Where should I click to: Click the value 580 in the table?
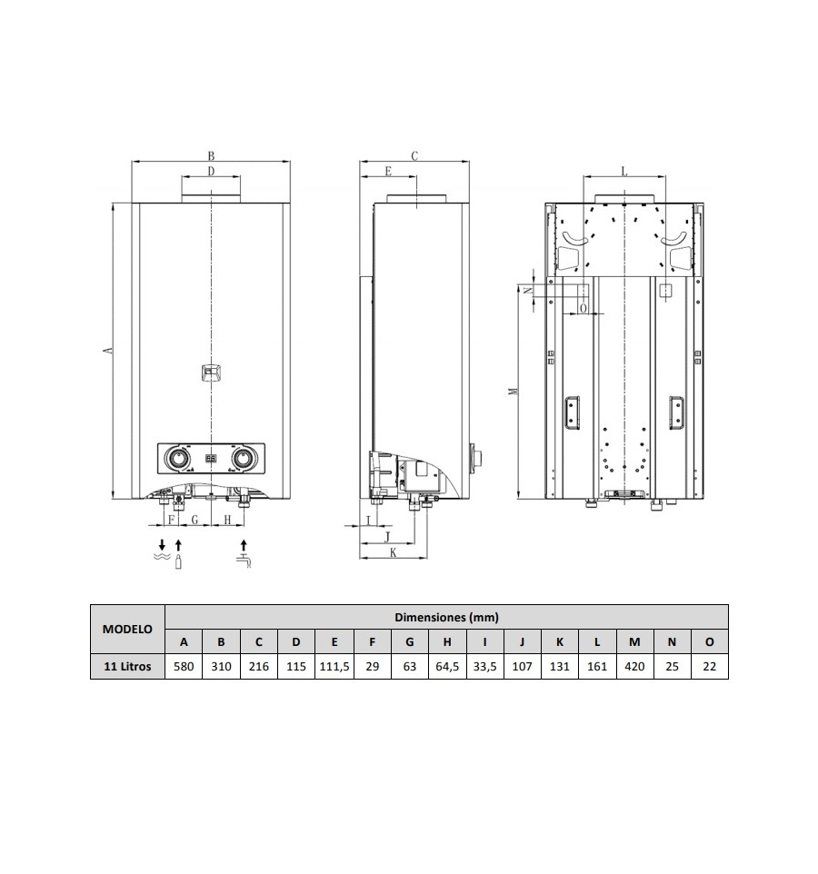[184, 666]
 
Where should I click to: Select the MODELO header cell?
[127, 629]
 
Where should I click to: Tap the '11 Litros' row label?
[127, 666]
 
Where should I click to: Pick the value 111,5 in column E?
[334, 666]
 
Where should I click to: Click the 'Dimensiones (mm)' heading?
[446, 617]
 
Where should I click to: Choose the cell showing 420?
[634, 666]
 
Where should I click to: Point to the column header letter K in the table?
[559, 641]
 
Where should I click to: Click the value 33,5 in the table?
[484, 666]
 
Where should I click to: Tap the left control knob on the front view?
[178, 459]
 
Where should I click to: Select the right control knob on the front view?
[243, 459]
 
